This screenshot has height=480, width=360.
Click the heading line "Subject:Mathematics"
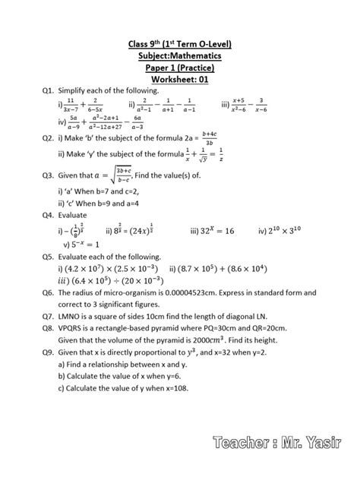[180, 55]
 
